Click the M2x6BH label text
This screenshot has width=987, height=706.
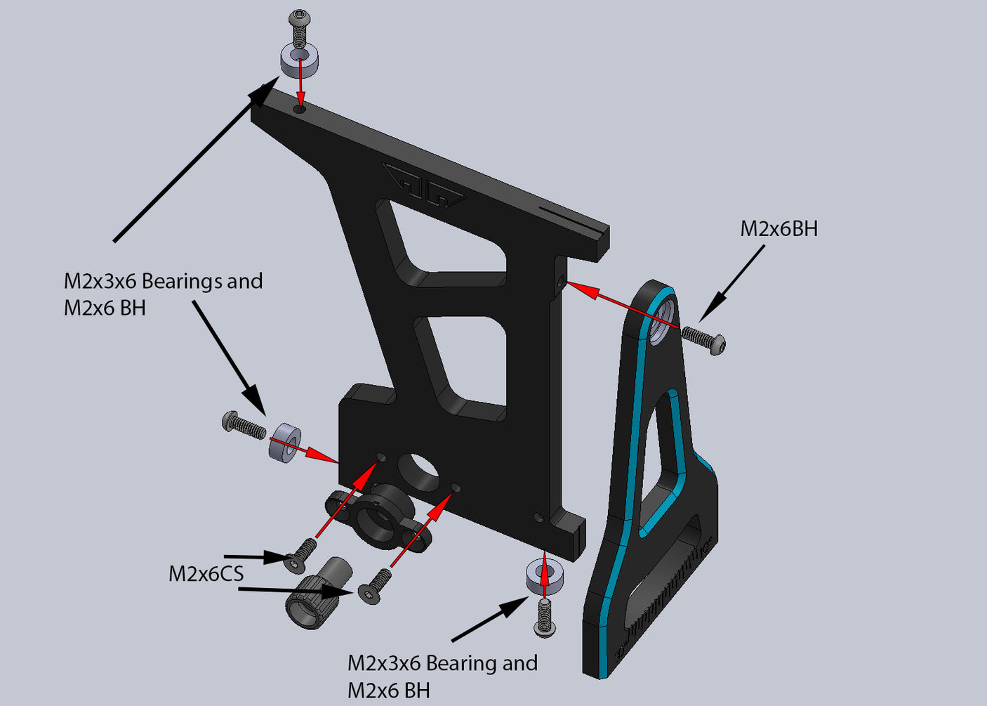(779, 228)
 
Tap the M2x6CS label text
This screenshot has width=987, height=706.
(206, 573)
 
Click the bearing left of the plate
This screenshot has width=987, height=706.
(284, 443)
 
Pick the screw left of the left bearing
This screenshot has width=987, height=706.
(243, 425)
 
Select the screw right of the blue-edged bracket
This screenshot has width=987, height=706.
(704, 340)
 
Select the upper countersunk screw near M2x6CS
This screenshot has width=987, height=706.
(301, 554)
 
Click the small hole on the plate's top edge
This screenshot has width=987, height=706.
(300, 109)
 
